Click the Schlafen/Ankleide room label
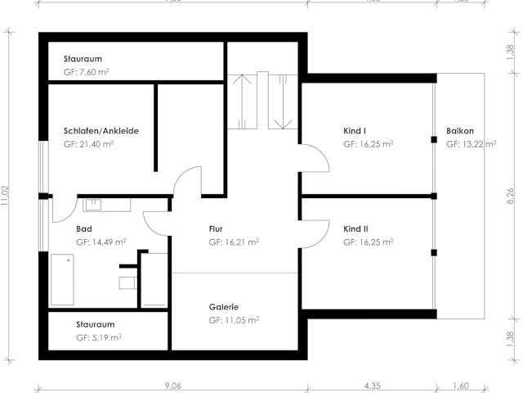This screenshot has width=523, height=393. pyautogui.click(x=101, y=131)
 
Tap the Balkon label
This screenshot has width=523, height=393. pyautogui.click(x=460, y=131)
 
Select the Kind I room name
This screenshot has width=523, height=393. pyautogui.click(x=354, y=131)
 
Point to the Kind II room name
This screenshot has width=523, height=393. pyautogui.click(x=355, y=229)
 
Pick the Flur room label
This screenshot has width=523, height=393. pyautogui.click(x=216, y=229)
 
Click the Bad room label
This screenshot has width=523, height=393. pyautogui.click(x=83, y=229)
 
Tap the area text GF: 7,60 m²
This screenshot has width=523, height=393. pyautogui.click(x=87, y=73)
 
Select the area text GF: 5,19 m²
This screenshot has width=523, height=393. pyautogui.click(x=99, y=337)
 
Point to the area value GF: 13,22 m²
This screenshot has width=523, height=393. pyautogui.click(x=471, y=144)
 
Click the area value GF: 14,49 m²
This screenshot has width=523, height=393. pyautogui.click(x=101, y=242)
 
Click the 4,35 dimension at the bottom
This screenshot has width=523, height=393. pyautogui.click(x=372, y=386)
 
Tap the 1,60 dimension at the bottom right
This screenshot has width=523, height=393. pyautogui.click(x=462, y=386)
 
